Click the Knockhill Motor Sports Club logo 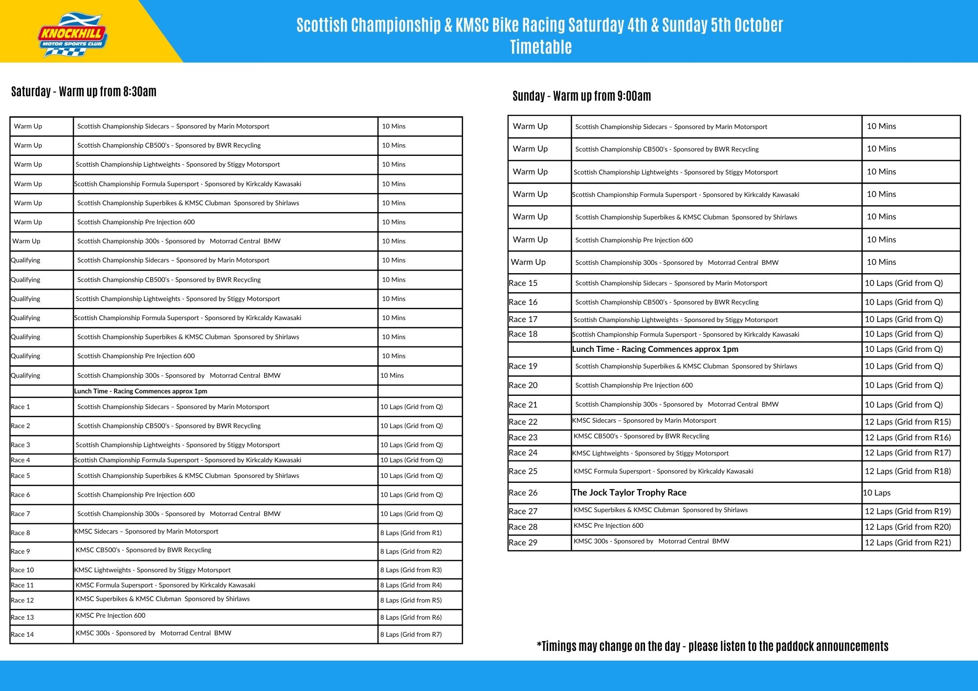[x=72, y=35]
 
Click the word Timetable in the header [x=540, y=47]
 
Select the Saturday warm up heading [x=84, y=91]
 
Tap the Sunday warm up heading [x=581, y=96]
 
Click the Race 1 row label [x=21, y=407]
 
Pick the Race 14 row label [x=22, y=634]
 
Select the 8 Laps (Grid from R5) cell [x=411, y=600]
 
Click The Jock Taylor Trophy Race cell [x=629, y=493]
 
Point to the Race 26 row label [x=523, y=493]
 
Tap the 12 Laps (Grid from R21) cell [x=908, y=542]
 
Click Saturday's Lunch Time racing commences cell [x=141, y=391]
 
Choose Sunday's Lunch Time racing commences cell [x=655, y=349]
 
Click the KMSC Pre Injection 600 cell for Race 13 [x=111, y=616]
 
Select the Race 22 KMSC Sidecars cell [x=645, y=421]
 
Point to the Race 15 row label [x=523, y=283]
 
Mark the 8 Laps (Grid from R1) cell [x=411, y=533]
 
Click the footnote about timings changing [x=712, y=646]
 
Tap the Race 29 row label [x=523, y=542]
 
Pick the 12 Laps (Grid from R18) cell [x=908, y=471]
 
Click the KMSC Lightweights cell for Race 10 [x=153, y=570]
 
